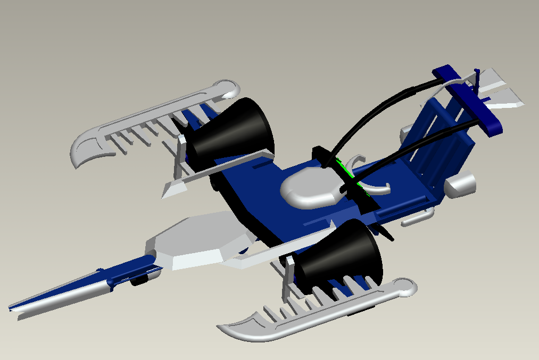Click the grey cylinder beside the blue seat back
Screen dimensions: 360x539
point(461,185)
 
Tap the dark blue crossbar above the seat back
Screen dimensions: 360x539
point(468,101)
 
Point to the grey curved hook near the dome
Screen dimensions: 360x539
point(378,186)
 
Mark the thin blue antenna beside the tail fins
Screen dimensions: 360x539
point(477,80)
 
